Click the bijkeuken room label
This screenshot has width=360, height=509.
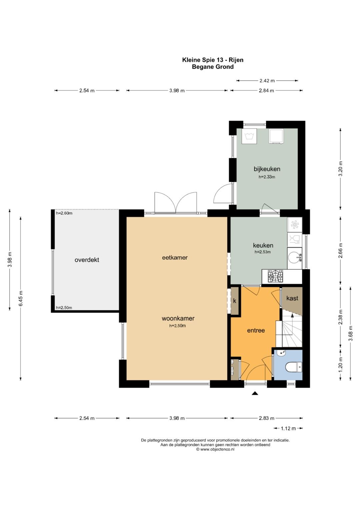[267, 169]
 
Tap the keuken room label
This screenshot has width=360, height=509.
[263, 245]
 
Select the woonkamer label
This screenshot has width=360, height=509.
[178, 318]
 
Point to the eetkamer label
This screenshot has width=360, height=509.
[175, 257]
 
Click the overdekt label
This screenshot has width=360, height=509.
[87, 260]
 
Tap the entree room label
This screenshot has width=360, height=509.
[256, 330]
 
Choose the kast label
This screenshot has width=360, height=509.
[292, 298]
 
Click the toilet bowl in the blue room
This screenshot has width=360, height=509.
[293, 367]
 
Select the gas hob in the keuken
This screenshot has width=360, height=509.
[275, 276]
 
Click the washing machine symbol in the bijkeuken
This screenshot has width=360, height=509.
[249, 136]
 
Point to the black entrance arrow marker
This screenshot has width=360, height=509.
[255, 393]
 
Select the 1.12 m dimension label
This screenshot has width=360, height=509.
[288, 428]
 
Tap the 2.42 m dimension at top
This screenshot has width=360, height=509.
[267, 80]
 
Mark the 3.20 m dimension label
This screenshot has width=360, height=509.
[340, 168]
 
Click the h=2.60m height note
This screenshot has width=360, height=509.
[64, 213]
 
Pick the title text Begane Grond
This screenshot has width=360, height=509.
[213, 67]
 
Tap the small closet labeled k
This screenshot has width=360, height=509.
[235, 301]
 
